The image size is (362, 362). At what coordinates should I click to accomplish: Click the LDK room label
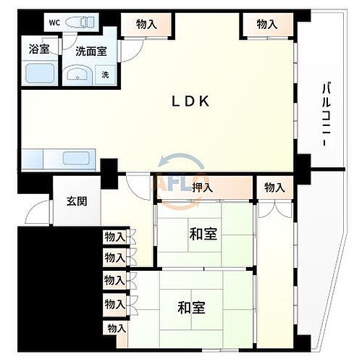[190, 101]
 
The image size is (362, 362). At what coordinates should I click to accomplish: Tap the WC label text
[54, 22]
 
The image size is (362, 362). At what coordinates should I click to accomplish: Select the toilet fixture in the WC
[79, 22]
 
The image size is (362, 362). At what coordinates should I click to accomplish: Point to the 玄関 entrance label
[77, 201]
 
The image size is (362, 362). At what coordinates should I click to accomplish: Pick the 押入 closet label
[203, 188]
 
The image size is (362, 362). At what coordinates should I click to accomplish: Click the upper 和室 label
[203, 234]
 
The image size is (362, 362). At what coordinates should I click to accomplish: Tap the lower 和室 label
[190, 306]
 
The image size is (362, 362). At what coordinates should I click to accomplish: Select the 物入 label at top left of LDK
[147, 25]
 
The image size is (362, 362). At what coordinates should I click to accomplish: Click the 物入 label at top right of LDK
[267, 25]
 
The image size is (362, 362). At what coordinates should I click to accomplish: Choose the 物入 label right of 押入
[274, 188]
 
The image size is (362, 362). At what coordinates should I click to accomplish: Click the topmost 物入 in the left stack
[114, 237]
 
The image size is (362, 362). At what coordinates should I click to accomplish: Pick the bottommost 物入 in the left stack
[116, 328]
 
